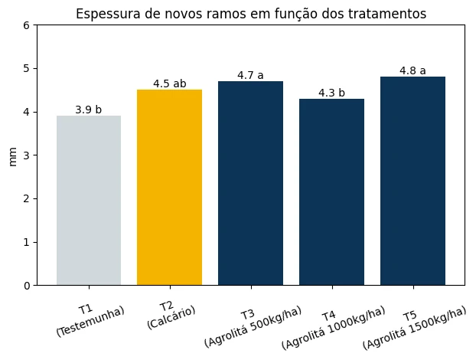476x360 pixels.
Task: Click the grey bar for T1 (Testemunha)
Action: tap(89, 200)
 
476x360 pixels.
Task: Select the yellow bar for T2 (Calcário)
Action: tap(169, 187)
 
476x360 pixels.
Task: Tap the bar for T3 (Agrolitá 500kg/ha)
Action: tap(250, 183)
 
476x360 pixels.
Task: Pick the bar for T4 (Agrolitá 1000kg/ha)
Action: tap(331, 191)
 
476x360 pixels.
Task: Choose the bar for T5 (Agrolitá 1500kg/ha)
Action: tap(412, 181)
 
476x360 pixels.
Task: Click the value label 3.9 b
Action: tap(89, 110)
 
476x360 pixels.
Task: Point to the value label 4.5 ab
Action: tap(169, 83)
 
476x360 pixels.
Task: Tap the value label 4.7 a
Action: tap(250, 75)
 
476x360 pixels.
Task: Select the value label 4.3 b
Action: tap(331, 93)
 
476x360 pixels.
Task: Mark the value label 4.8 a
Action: tap(412, 70)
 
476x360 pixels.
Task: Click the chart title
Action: tap(251, 13)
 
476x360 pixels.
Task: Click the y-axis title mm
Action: tap(12, 155)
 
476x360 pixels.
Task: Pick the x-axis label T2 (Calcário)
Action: tap(170, 316)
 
